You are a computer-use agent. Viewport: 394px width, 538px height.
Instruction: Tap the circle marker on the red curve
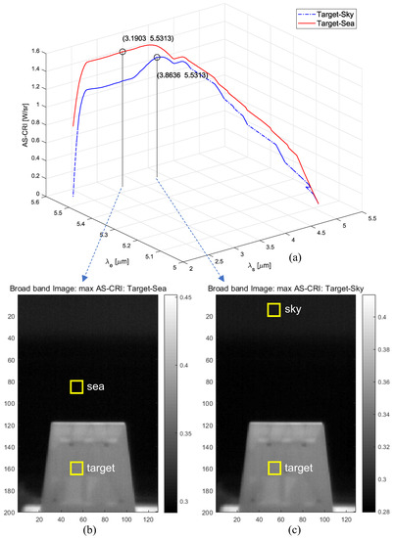click(x=123, y=51)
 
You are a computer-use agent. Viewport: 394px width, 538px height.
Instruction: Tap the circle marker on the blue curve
click(x=157, y=58)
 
